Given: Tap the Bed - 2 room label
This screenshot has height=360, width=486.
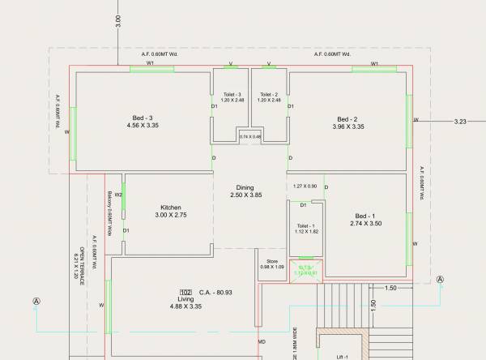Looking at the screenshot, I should (x=347, y=118).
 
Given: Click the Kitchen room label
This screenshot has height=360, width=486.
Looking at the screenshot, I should (x=170, y=208).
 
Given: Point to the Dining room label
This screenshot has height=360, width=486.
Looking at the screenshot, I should (x=245, y=187).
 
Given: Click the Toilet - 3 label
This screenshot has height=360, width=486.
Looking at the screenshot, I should (x=232, y=94).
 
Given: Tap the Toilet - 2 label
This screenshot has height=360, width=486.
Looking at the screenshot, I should (x=270, y=94).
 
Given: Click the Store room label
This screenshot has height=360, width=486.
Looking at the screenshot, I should (x=272, y=261).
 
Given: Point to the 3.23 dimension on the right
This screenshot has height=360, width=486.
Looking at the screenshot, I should (x=461, y=121).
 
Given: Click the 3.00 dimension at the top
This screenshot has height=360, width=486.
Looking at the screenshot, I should (x=118, y=22).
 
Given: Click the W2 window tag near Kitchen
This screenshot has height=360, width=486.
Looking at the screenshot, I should (x=118, y=195).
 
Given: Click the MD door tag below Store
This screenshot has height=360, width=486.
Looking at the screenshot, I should (x=262, y=342).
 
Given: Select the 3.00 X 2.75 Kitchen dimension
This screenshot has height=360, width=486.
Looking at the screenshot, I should (x=171, y=216).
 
